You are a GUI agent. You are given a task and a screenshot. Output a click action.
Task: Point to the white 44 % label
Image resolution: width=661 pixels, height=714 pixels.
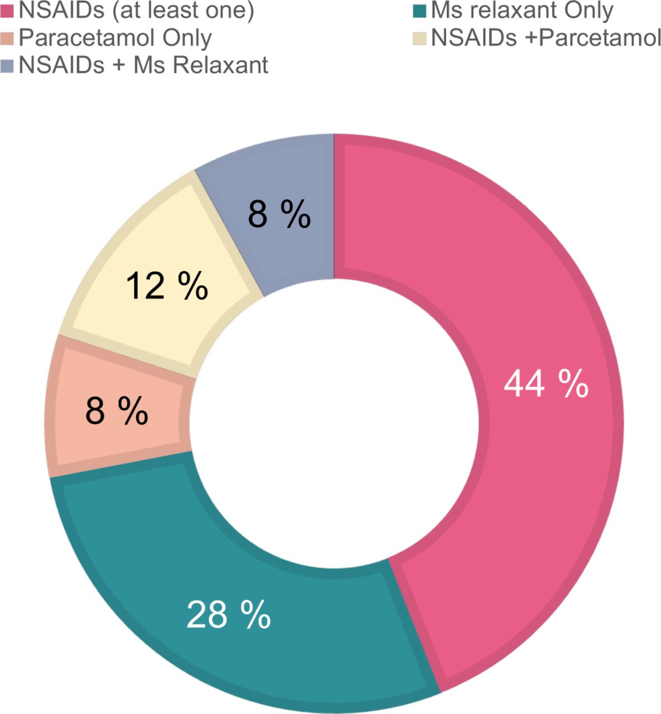point(546,385)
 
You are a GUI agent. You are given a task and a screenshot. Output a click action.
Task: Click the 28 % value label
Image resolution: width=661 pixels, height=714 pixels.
point(228,615)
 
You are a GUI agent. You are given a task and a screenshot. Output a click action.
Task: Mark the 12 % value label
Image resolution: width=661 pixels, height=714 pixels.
point(166,286)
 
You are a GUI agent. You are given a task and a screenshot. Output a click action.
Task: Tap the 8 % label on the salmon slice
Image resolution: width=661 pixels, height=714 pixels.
point(117,412)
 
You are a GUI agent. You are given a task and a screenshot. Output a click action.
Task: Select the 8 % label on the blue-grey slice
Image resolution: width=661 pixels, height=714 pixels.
point(279,214)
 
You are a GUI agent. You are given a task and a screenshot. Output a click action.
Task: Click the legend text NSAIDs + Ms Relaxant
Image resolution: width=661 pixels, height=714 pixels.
point(143,66)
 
